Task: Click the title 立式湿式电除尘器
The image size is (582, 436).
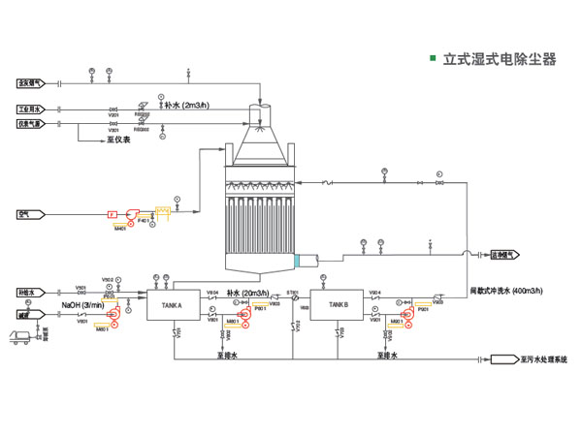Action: (x=499, y=59)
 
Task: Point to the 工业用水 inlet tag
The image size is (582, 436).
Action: (x=29, y=109)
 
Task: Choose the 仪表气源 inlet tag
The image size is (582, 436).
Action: (x=29, y=124)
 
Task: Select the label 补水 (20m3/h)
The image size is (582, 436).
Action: (x=247, y=292)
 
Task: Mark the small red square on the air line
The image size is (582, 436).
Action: (x=112, y=214)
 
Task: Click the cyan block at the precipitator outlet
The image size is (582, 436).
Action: (x=300, y=260)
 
